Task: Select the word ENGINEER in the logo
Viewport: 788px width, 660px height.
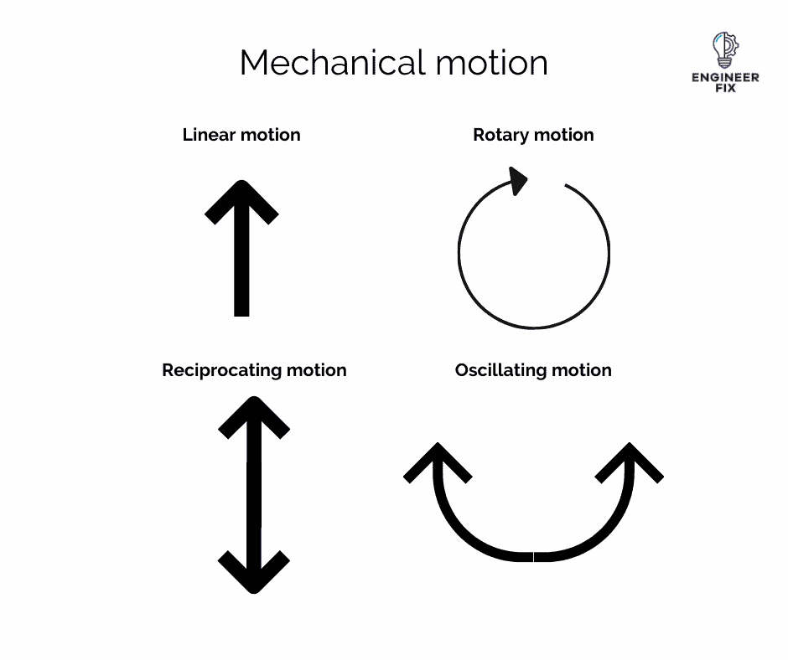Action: pyautogui.click(x=725, y=77)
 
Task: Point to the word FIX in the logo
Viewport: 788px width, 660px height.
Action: pyautogui.click(x=725, y=88)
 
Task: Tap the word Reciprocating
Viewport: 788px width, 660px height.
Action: pyautogui.click(x=221, y=370)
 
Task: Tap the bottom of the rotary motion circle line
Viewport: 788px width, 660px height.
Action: pyautogui.click(x=534, y=327)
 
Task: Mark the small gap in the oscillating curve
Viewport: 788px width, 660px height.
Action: pyautogui.click(x=534, y=556)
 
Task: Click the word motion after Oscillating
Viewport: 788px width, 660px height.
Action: pyautogui.click(x=583, y=370)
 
